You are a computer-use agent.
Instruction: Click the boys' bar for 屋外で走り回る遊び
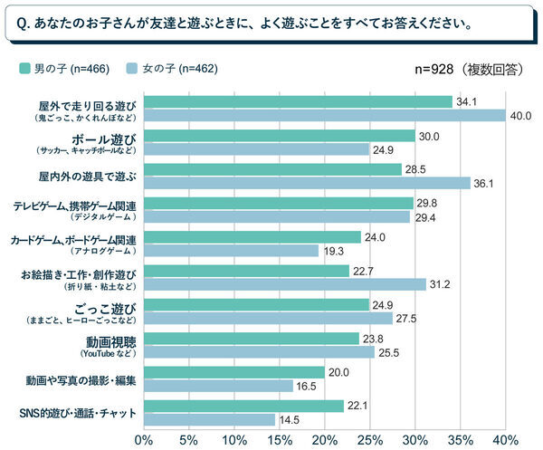298,101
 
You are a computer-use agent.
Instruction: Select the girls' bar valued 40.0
324,115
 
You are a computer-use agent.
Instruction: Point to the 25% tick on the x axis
369,439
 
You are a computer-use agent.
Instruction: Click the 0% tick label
143,439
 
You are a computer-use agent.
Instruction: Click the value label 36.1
486,183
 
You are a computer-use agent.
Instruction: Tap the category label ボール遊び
110,139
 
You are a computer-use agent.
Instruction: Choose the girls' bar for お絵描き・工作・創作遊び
284,284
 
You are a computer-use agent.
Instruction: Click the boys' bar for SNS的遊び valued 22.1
243,407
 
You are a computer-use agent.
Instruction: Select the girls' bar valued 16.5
218,386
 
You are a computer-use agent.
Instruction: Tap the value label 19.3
334,251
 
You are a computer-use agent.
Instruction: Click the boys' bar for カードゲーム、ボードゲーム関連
252,237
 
